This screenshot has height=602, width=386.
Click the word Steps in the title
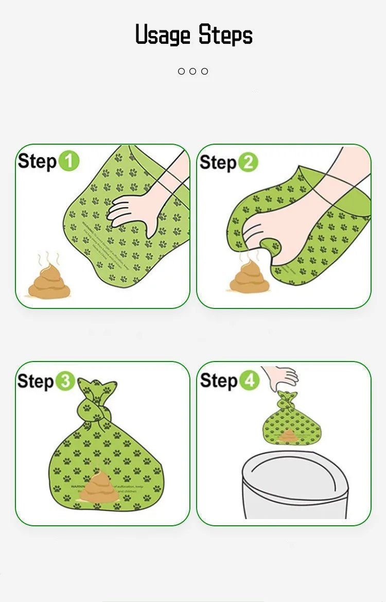[x=225, y=35]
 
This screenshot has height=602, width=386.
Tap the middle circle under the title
[x=193, y=71]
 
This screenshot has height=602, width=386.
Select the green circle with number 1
[x=68, y=161]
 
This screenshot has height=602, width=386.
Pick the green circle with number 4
[x=249, y=381]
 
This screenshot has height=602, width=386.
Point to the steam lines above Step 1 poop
[x=49, y=258]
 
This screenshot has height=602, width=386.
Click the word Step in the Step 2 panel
[x=218, y=162]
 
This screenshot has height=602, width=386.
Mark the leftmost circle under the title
[x=181, y=71]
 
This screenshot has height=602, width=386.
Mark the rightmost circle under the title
[x=205, y=71]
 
